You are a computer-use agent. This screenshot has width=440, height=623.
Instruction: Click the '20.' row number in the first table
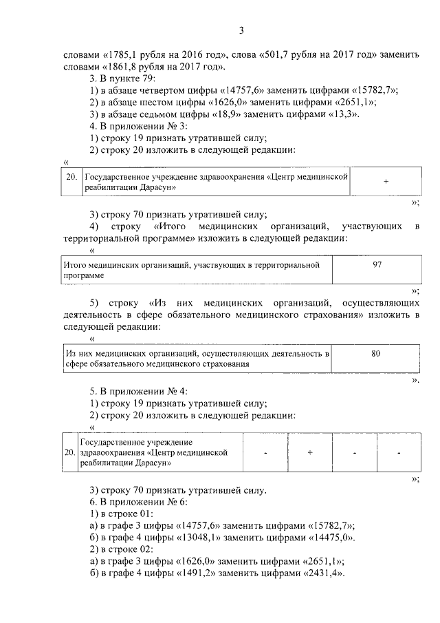click(71, 177)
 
